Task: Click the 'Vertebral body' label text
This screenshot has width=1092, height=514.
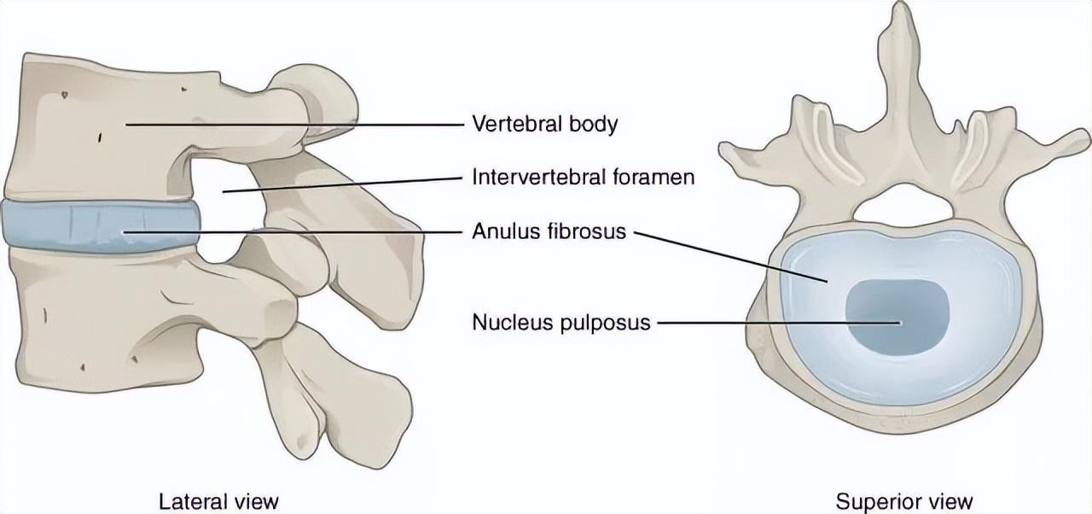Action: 544,124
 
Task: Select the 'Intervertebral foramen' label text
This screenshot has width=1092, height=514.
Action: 583,178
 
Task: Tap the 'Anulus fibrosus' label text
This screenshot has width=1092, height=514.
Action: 549,231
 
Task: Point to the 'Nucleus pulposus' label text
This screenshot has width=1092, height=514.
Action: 561,323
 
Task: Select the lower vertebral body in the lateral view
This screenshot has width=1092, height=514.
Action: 94,316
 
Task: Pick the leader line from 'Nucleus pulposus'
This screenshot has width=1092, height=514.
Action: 776,323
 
